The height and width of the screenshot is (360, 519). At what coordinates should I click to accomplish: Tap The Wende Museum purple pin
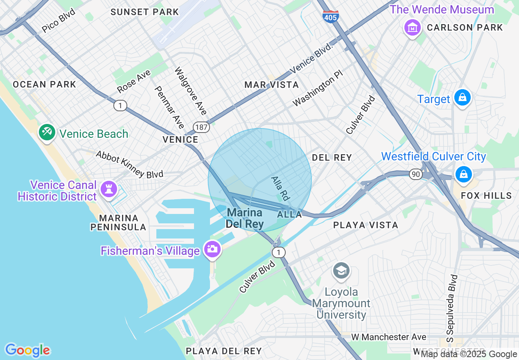413,27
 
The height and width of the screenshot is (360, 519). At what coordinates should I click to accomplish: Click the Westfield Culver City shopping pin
463,173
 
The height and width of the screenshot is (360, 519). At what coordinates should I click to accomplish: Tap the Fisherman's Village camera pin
212,249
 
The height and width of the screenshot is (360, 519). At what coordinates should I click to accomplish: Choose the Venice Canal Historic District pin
108,189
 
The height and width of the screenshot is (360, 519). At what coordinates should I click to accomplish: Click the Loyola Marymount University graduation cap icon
341,271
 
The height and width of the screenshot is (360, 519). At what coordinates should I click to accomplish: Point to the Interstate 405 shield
330,16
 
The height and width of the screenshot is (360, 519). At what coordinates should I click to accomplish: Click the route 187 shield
202,127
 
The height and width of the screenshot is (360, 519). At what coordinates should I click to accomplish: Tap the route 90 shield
416,174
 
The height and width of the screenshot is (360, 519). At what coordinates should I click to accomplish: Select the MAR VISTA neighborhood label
271,85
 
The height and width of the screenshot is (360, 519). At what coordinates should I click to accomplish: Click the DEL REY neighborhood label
332,157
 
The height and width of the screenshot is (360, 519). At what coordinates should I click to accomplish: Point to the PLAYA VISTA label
365,225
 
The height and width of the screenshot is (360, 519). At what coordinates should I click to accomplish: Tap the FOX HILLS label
486,196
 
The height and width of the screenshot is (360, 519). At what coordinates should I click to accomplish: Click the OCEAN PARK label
44,85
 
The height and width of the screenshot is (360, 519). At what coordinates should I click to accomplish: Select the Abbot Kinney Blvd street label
129,164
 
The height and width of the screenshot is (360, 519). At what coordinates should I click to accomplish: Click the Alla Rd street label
280,188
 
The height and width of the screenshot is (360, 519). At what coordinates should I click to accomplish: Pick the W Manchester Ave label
388,337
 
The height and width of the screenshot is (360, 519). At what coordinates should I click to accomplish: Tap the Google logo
28,350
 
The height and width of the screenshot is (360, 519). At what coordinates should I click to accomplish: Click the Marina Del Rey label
245,218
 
